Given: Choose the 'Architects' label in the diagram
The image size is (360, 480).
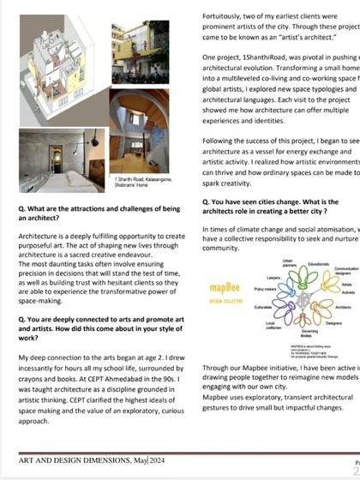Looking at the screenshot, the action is tap(343, 306).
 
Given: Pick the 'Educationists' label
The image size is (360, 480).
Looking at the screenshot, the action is tap(318, 264).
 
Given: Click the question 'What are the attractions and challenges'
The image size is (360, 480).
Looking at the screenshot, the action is tap(99, 213).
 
